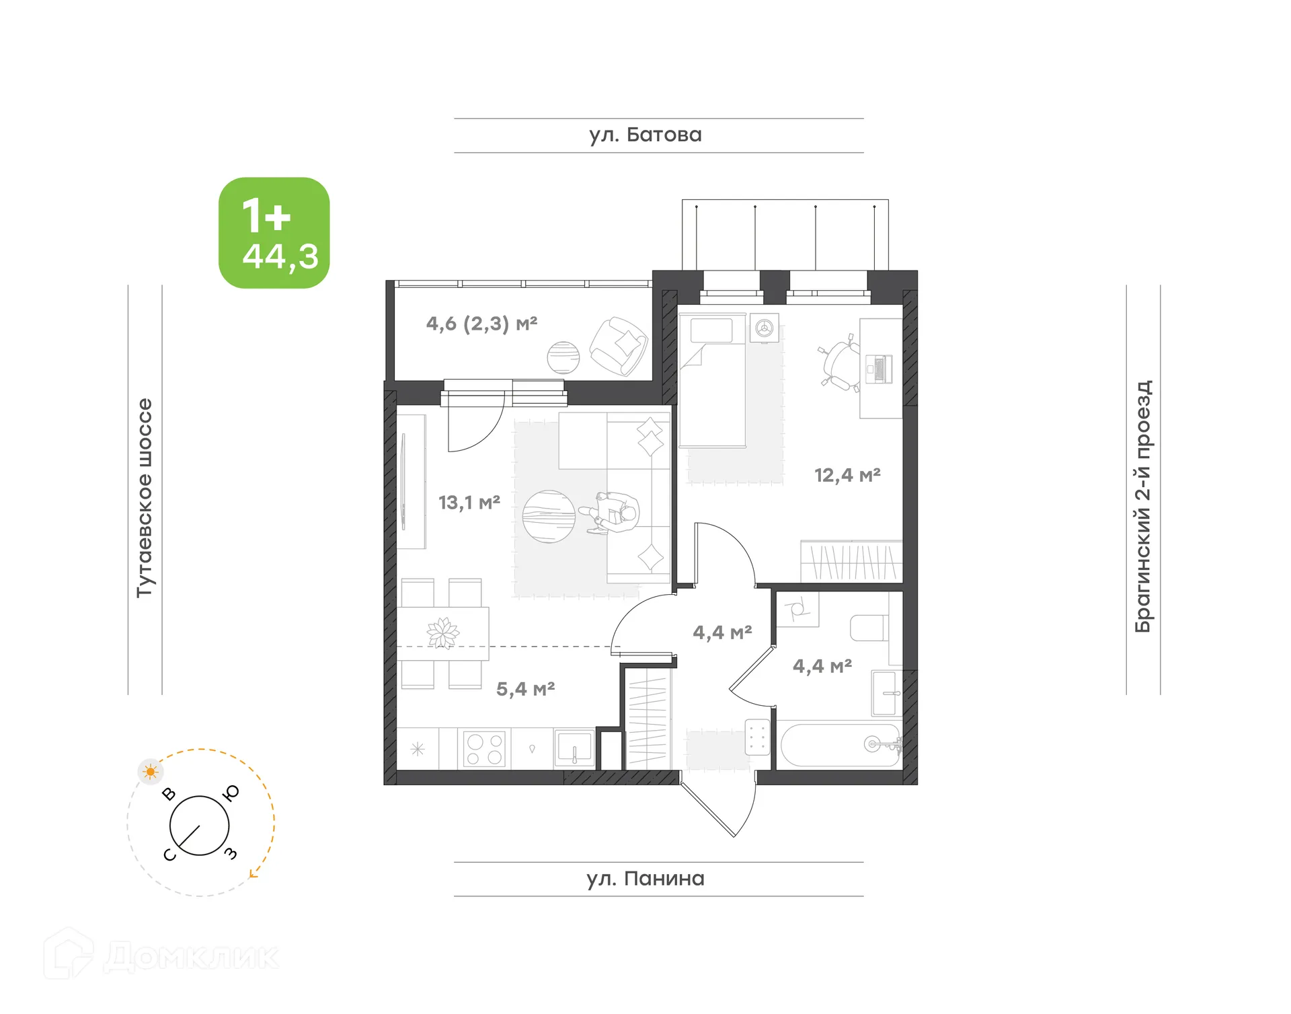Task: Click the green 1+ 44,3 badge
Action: click(274, 233)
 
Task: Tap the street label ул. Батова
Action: click(645, 135)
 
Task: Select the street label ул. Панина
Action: click(645, 879)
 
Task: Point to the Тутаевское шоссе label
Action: click(145, 498)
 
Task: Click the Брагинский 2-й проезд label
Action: click(1143, 506)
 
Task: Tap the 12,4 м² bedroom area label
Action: click(847, 475)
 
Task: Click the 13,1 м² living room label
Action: click(469, 502)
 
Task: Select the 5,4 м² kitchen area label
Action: click(525, 689)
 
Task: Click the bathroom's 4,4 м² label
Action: click(822, 666)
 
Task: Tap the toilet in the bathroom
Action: click(868, 628)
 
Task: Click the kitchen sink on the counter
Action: click(574, 748)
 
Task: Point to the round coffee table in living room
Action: click(549, 516)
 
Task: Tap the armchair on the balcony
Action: click(619, 346)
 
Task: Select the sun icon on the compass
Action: click(150, 771)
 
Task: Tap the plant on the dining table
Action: click(442, 632)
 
